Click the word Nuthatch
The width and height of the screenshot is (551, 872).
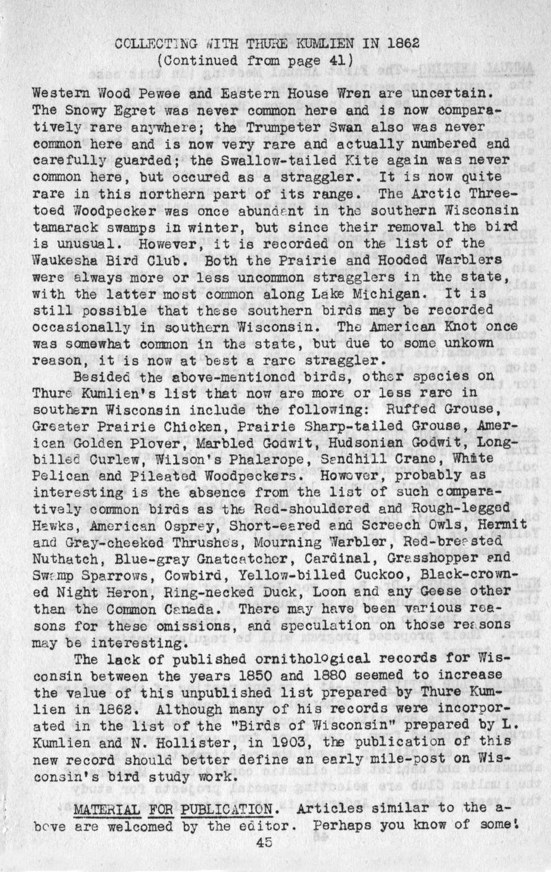click(61, 558)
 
